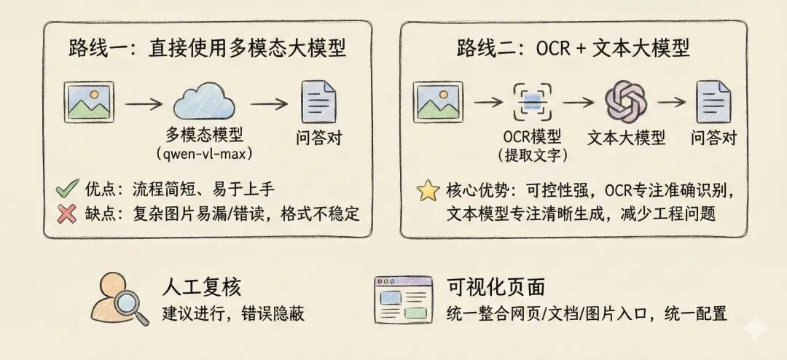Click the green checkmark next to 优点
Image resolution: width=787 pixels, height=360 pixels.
(x=67, y=189)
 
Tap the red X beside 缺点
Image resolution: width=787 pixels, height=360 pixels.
(x=67, y=214)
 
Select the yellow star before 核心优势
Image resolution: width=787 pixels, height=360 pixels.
(x=426, y=191)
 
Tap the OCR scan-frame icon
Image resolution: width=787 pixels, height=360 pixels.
(x=532, y=102)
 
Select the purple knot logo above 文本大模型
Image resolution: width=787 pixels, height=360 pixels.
(x=626, y=102)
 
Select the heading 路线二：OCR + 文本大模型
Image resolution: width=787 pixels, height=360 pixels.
(x=573, y=49)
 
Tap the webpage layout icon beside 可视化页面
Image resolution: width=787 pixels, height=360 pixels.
(x=401, y=300)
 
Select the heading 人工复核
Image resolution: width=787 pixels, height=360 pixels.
(x=200, y=286)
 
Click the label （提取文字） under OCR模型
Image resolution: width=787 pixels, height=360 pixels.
(x=532, y=154)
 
